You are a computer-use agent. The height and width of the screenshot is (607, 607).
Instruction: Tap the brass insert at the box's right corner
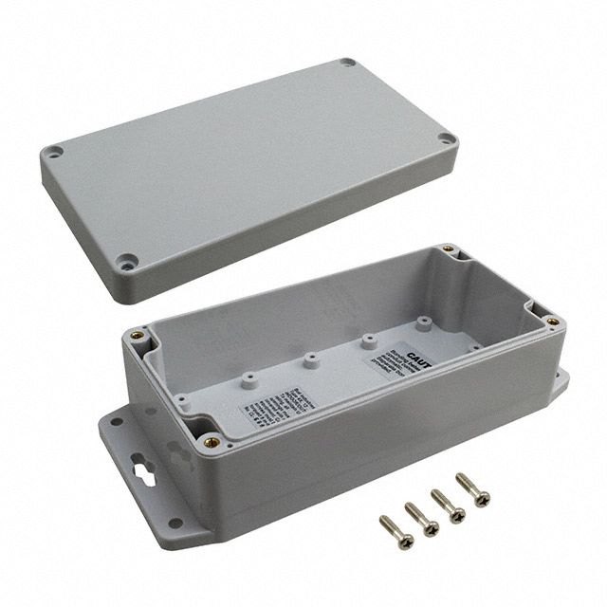coord(548,322)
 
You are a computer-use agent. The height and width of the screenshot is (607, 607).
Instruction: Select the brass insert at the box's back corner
coord(450,252)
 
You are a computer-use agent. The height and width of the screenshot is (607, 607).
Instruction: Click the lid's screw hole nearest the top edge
coord(348,63)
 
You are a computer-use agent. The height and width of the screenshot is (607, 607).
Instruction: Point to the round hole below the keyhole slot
coord(175,522)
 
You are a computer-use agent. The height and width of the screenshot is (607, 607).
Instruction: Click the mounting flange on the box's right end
coord(559,380)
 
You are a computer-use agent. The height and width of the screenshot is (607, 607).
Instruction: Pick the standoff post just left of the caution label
coord(367,340)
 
